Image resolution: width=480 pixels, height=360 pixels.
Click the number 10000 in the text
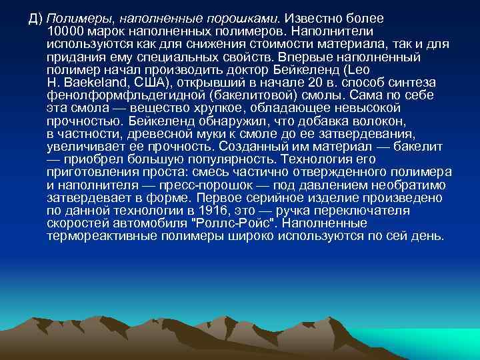65,31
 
